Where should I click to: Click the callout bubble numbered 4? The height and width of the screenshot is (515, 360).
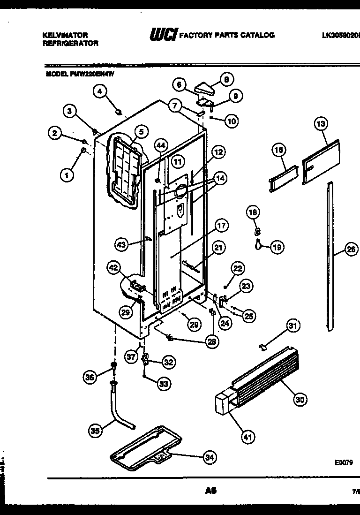click(x=99, y=91)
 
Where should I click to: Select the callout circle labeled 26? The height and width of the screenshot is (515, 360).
click(x=352, y=250)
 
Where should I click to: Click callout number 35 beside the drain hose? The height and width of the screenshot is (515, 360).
click(x=97, y=431)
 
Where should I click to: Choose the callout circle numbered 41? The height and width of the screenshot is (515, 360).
click(x=247, y=437)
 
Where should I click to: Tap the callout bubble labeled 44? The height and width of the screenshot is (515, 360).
click(x=161, y=146)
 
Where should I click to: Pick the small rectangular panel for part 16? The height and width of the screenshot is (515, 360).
click(x=282, y=178)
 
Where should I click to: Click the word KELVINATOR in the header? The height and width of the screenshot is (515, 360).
click(x=65, y=35)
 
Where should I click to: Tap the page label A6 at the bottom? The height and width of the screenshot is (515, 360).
click(x=210, y=491)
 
